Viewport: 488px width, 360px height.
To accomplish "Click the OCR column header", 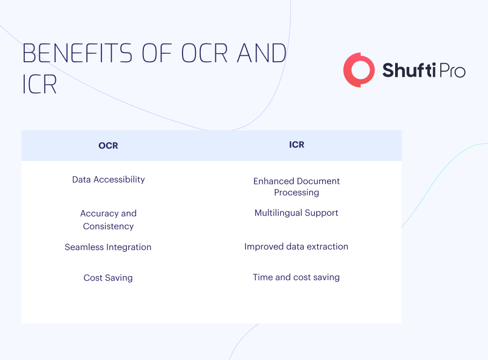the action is click(x=108, y=145).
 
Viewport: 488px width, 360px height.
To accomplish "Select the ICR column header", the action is click(x=296, y=145).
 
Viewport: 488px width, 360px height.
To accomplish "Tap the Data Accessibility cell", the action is click(x=108, y=180).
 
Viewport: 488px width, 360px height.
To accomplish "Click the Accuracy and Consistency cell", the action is click(x=108, y=219).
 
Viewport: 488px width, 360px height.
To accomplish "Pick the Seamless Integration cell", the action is click(x=108, y=247).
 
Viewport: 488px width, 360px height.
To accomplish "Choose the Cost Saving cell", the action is click(x=108, y=277).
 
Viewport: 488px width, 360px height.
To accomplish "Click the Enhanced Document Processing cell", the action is click(x=296, y=187).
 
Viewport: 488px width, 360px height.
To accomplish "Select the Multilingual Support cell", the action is click(x=296, y=213).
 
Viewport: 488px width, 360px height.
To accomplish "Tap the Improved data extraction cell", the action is click(x=296, y=246).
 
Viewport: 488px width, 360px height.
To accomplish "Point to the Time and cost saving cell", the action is click(x=296, y=277).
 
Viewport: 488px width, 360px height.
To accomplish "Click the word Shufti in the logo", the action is click(x=409, y=70).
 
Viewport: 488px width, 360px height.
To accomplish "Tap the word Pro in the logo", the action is click(x=452, y=70).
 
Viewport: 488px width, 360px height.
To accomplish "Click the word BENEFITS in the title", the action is click(x=77, y=53).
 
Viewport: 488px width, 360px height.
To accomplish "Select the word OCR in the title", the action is click(x=205, y=53).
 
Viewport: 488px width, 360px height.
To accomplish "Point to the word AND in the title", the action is click(x=262, y=53).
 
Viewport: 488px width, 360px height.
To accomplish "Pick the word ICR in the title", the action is click(x=40, y=84).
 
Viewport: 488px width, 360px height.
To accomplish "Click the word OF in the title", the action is click(x=157, y=53).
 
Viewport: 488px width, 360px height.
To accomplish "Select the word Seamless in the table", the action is click(x=84, y=247).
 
